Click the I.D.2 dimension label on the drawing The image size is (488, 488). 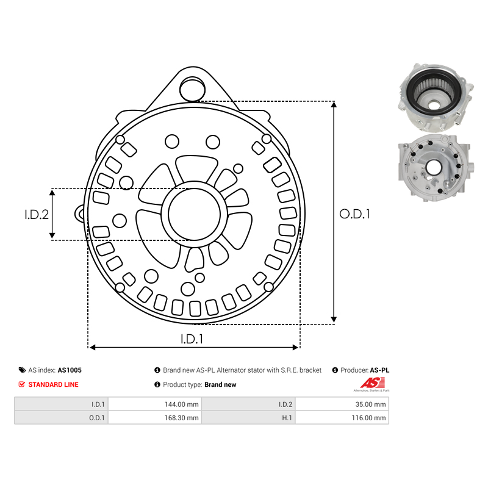37,215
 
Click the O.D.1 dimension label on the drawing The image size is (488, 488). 355,214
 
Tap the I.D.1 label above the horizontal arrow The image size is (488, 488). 192,339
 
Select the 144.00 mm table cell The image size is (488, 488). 181,404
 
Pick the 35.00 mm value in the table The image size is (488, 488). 370,404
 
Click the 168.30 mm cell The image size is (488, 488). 181,418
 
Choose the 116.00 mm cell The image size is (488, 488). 368,418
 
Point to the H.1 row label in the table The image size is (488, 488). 287,418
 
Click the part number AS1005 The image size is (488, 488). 70,370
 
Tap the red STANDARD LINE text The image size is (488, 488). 53,385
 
